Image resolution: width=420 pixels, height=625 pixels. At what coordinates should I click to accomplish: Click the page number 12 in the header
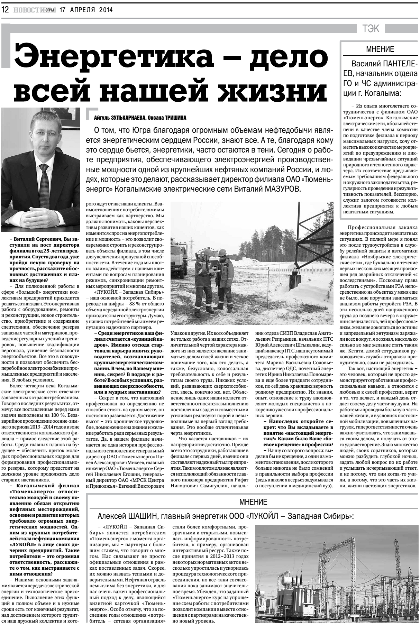[5, 10]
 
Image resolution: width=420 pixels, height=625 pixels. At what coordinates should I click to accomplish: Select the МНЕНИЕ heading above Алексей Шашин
[253, 502]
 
